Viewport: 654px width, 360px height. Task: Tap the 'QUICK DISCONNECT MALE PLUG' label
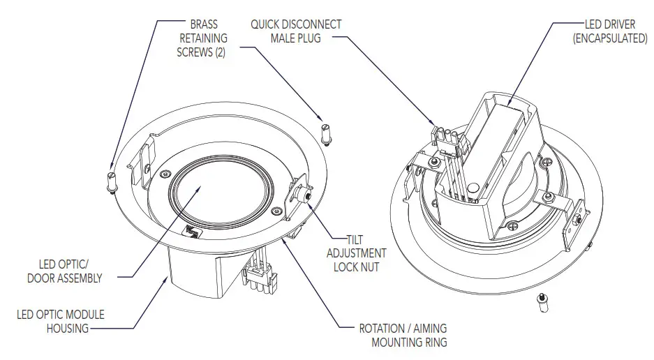point(296,31)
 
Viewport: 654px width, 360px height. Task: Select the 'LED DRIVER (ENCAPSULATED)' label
point(609,31)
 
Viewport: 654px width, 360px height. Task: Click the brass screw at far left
point(110,181)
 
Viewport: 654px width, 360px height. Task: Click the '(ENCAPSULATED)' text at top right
point(609,38)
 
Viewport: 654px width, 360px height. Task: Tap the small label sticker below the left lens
point(193,232)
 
